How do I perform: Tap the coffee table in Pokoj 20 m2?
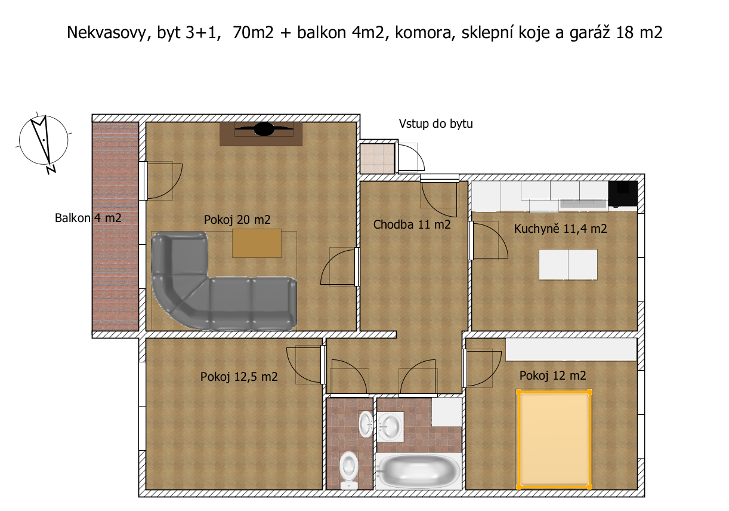click(x=257, y=244)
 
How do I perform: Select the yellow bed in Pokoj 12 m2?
click(x=554, y=439)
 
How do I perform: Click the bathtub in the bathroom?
click(x=418, y=471)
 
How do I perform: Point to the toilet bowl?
click(x=349, y=470)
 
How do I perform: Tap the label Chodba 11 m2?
click(x=412, y=224)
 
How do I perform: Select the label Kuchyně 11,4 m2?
click(x=560, y=229)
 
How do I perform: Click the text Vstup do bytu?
click(x=435, y=124)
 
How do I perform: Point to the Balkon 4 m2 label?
click(x=88, y=218)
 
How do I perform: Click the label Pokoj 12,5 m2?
click(x=239, y=377)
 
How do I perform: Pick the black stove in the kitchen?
click(x=623, y=193)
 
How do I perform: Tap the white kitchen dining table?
click(x=568, y=264)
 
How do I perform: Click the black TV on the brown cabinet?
click(x=264, y=130)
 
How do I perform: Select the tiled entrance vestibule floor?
click(x=378, y=159)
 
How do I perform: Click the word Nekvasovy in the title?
click(x=107, y=33)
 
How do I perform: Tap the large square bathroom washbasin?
click(x=390, y=426)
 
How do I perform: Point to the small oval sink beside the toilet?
click(x=366, y=424)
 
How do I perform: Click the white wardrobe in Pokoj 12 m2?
click(x=571, y=349)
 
